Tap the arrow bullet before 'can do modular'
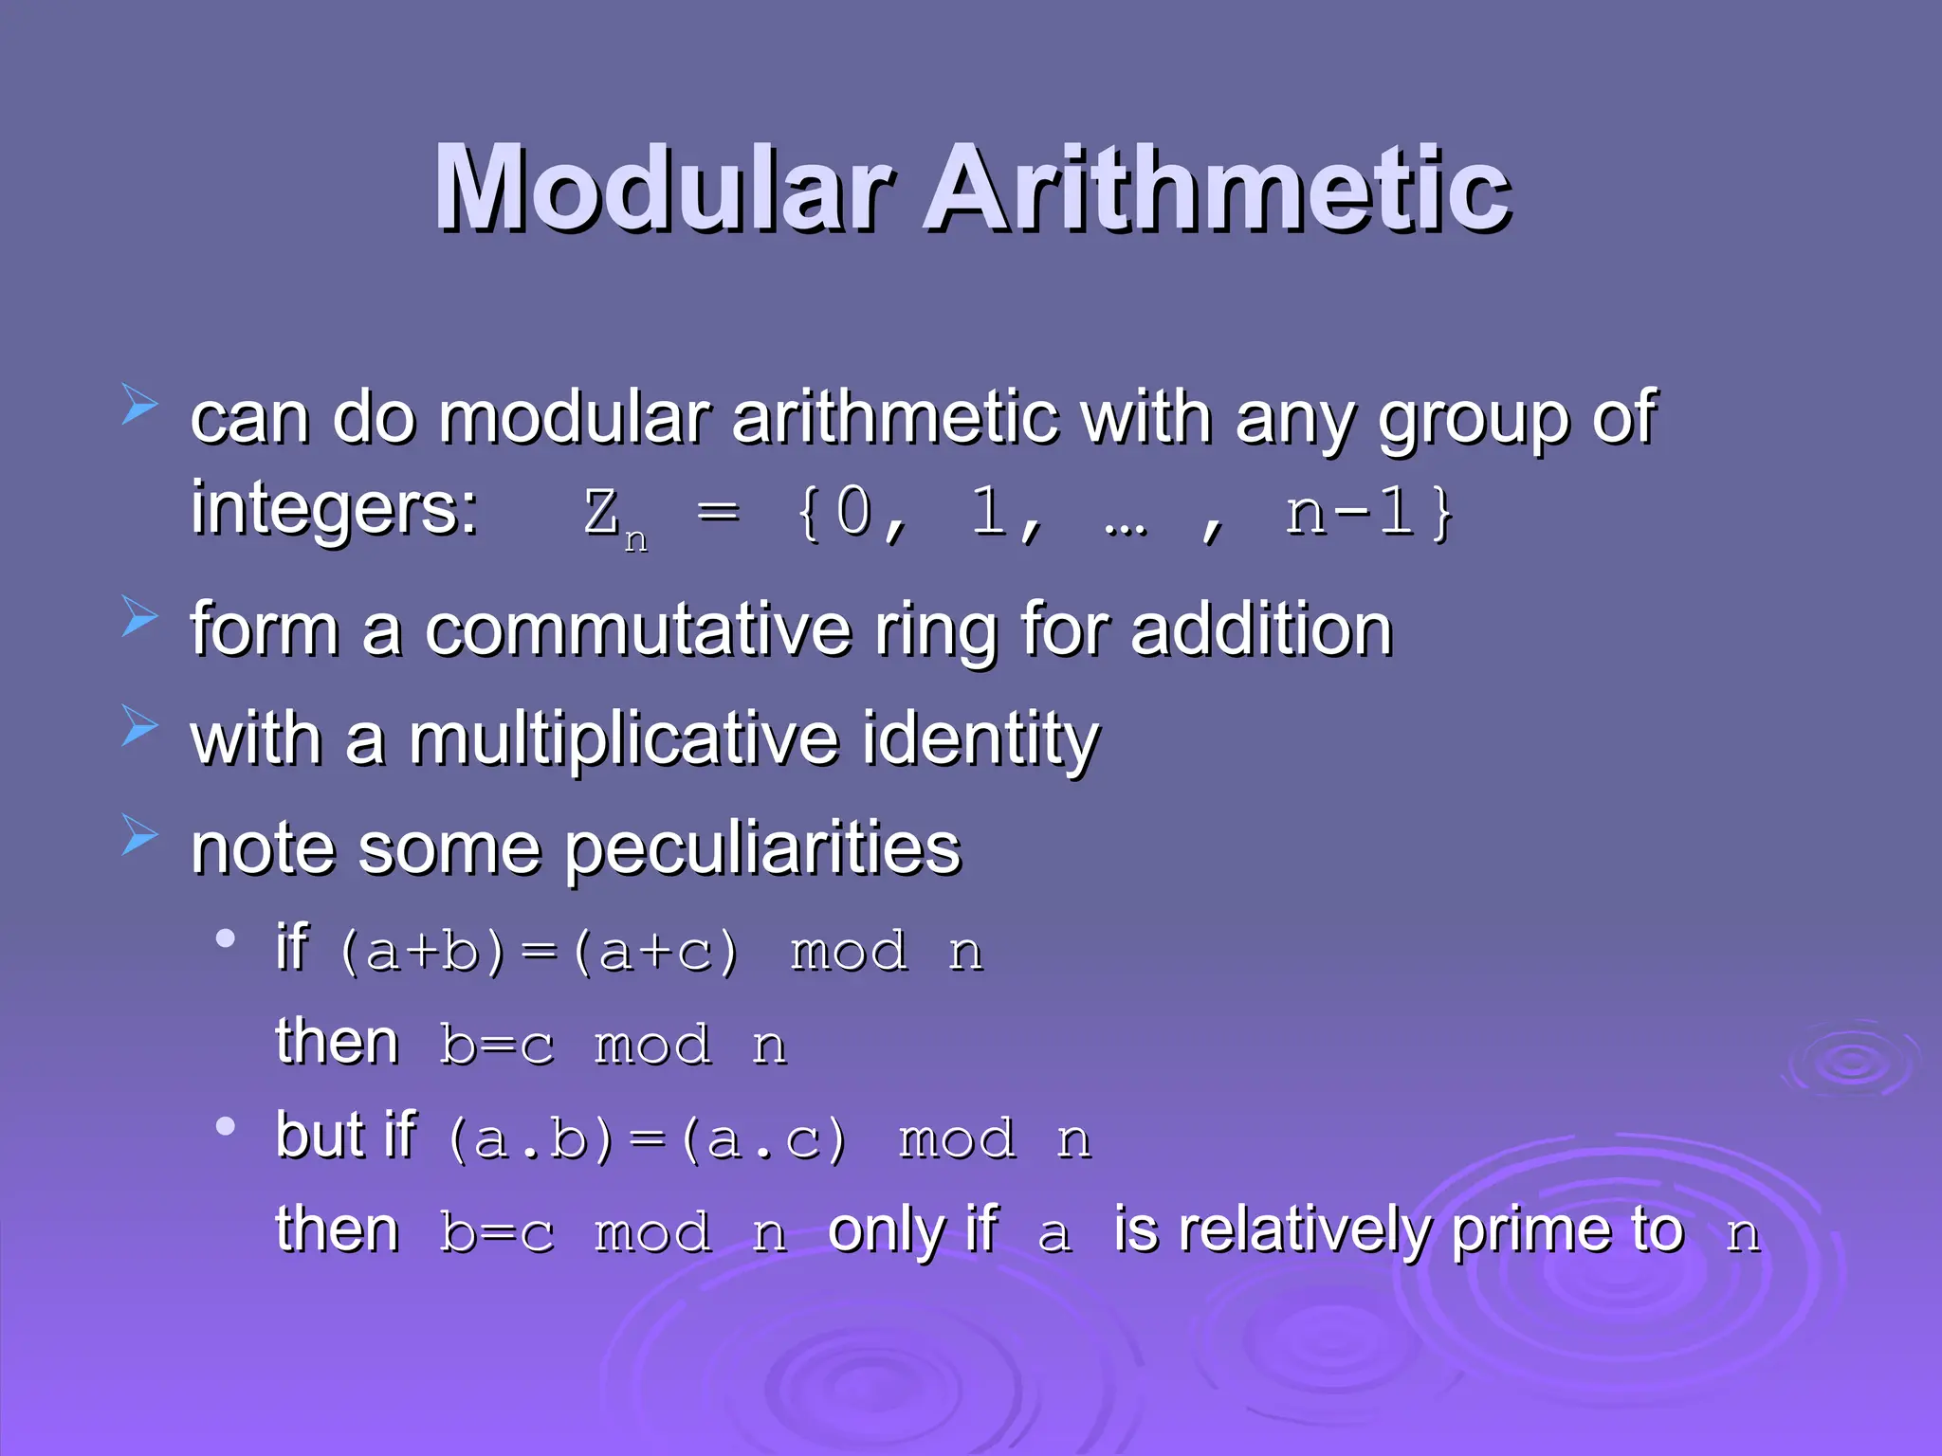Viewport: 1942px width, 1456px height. click(x=139, y=405)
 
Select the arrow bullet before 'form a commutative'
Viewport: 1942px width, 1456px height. click(x=139, y=617)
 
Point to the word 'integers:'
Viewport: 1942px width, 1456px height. click(x=334, y=509)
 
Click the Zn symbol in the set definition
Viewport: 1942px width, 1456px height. click(x=612, y=517)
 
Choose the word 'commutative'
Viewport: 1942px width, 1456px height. click(x=637, y=629)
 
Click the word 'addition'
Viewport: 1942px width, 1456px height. click(x=1261, y=629)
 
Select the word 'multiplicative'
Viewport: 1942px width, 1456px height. click(x=623, y=738)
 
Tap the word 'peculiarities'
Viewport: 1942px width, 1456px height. click(x=763, y=848)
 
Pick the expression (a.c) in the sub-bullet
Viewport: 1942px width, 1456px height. click(x=762, y=1139)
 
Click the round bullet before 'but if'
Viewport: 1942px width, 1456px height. click(x=225, y=1127)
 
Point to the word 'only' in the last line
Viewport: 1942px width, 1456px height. click(x=888, y=1230)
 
